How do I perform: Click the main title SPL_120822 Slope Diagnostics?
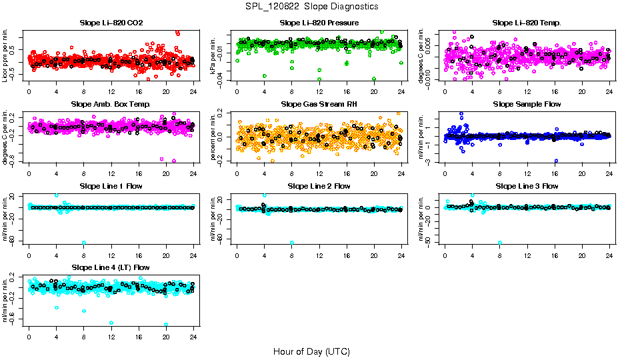(311, 6)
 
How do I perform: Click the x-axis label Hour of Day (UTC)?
(311, 351)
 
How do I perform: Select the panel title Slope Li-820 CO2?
(111, 23)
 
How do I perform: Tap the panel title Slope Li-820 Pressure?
(319, 23)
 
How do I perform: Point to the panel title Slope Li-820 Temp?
(527, 23)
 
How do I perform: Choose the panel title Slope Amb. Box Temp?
(111, 104)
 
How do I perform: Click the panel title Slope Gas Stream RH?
(319, 104)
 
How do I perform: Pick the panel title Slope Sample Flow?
(527, 104)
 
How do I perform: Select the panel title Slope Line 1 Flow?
(111, 186)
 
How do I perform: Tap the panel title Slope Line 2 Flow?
(319, 186)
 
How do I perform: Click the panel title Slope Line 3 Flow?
(527, 186)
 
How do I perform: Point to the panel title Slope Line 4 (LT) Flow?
(111, 267)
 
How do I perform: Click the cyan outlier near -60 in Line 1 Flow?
(84, 243)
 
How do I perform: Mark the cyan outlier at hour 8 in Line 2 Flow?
(292, 243)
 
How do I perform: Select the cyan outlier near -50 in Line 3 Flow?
(500, 243)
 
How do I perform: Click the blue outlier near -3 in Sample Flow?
(555, 161)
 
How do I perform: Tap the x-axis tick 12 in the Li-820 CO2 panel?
(111, 90)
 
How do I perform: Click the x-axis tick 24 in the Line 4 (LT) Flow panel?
(194, 335)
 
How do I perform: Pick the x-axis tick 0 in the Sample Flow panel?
(445, 171)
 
